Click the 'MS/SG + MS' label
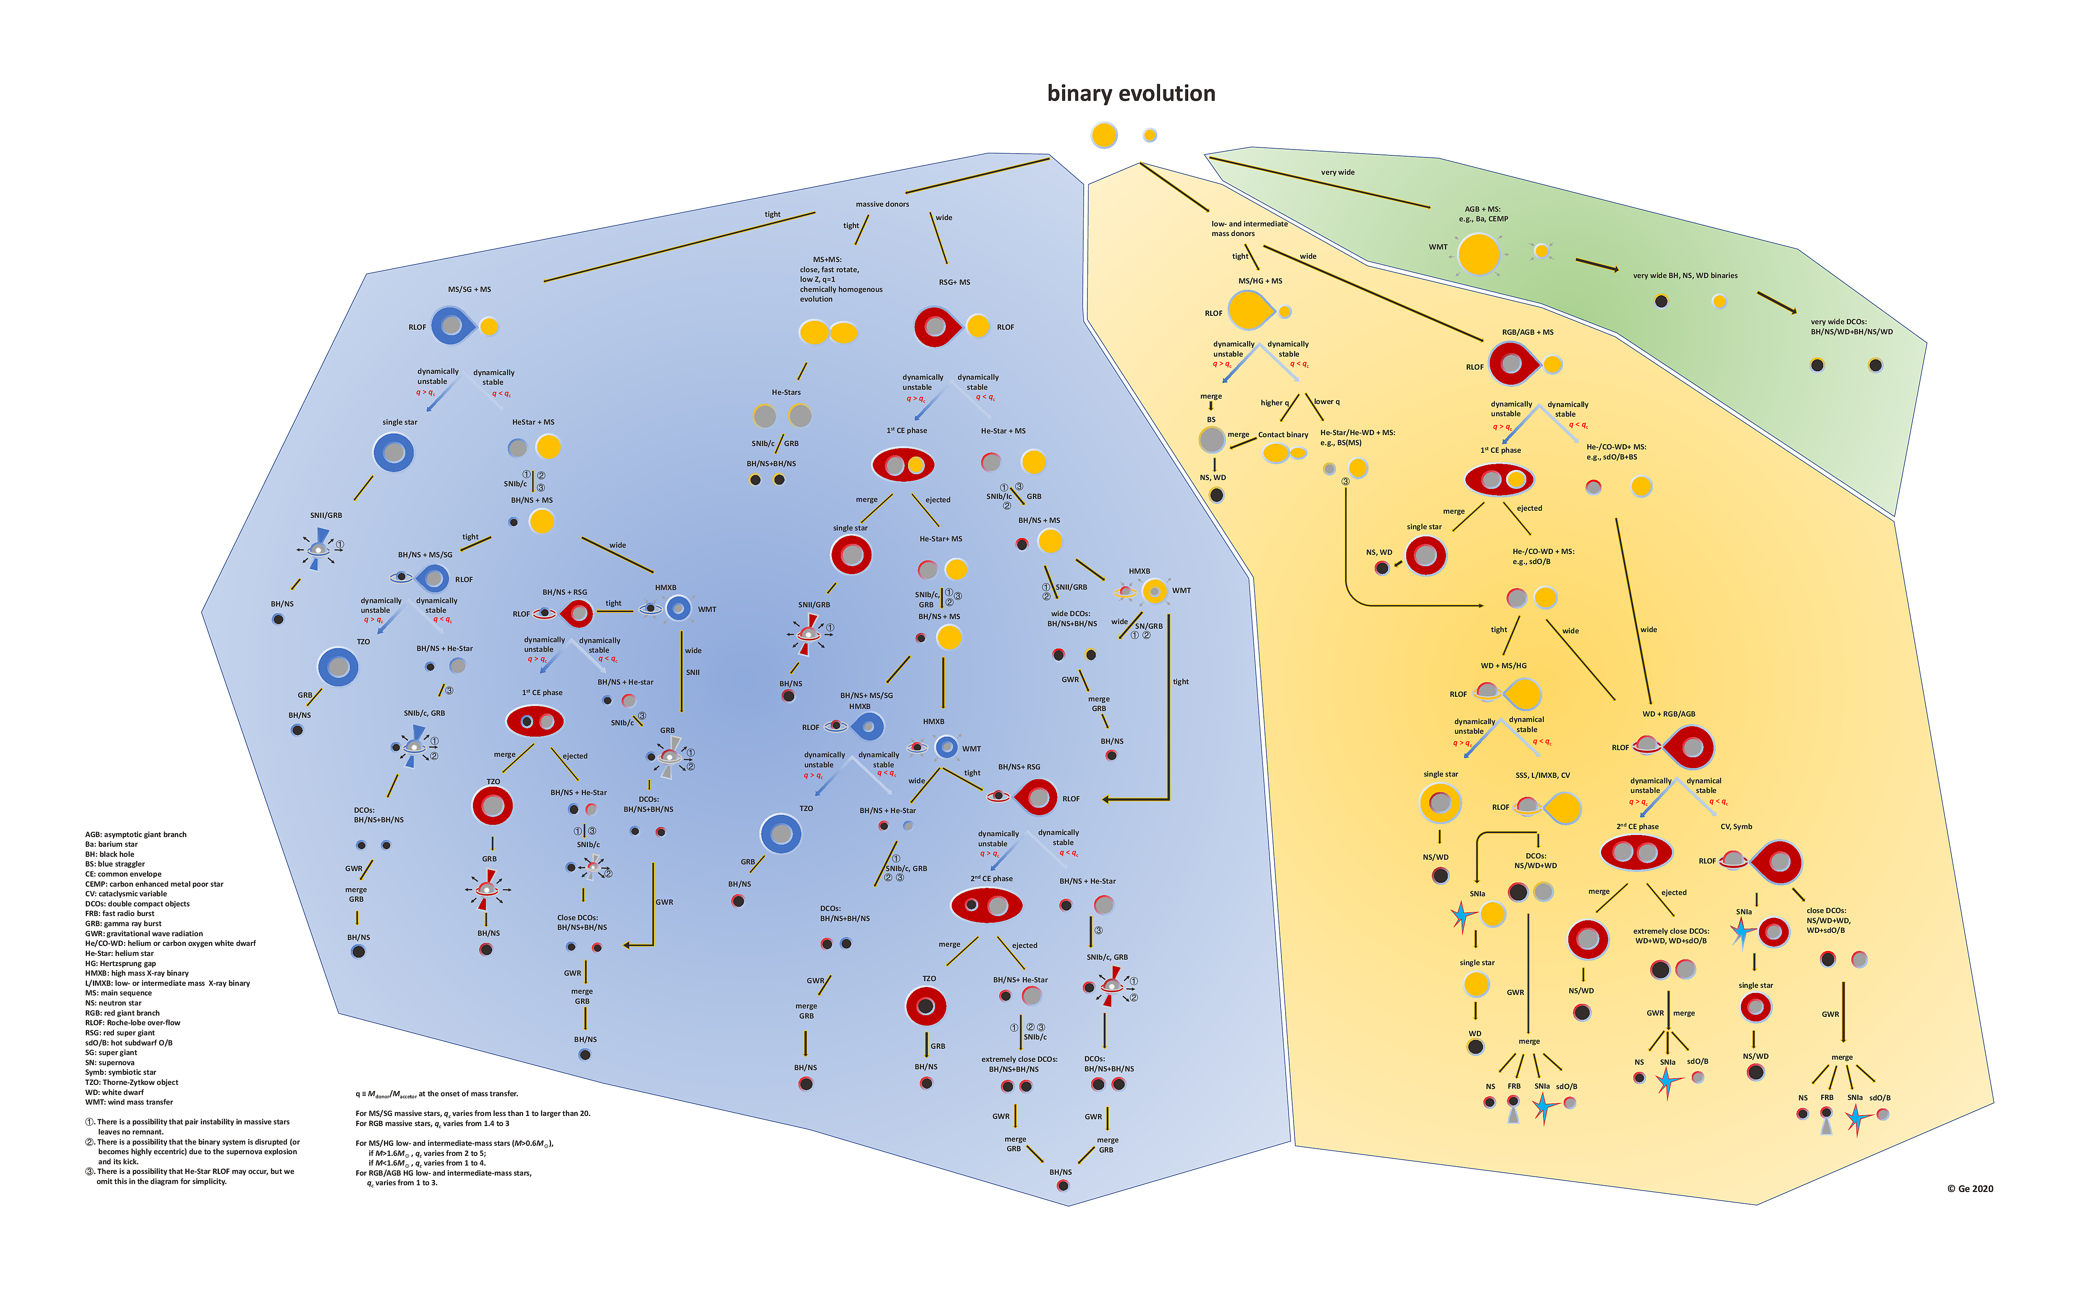(469, 289)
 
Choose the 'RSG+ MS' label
(954, 281)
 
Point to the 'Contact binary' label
(1283, 435)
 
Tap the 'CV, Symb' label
(1736, 827)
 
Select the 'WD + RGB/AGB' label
(1669, 714)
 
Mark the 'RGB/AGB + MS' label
(1528, 331)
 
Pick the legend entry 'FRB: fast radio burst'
(120, 913)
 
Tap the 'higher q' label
(1274, 402)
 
